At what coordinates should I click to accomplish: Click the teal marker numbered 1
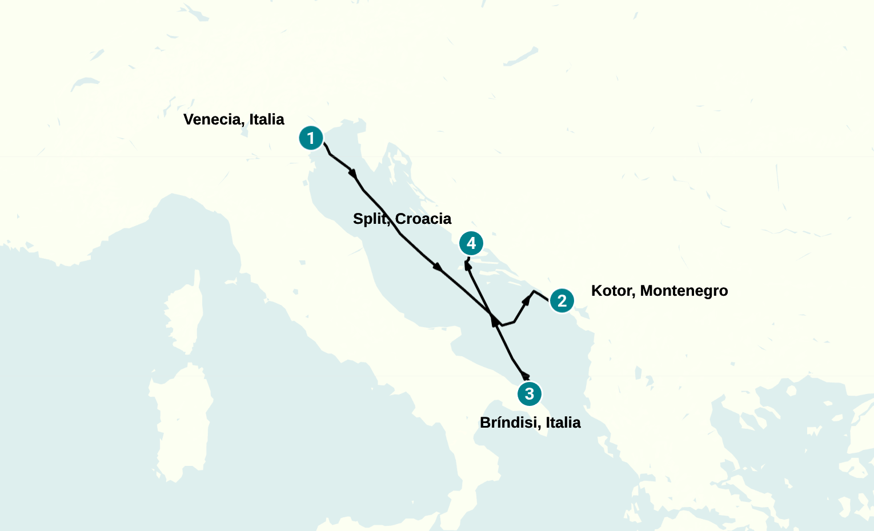point(311,138)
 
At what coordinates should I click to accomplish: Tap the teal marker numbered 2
point(562,300)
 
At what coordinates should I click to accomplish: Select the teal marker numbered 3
point(530,393)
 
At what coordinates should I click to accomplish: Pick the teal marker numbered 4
point(471,243)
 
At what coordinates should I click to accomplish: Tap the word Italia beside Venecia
point(267,119)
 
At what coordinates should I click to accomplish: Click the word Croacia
point(423,219)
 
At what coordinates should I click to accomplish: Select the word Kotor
point(612,291)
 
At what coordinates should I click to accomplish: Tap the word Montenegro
point(684,291)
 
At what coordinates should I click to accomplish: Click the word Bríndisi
point(511,423)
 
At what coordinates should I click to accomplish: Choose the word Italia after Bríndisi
point(563,423)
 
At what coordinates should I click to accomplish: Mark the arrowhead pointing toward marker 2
point(526,299)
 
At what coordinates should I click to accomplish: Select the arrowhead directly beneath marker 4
point(468,264)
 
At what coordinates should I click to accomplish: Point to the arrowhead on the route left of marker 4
point(438,267)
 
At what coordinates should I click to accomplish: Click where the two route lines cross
point(491,313)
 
